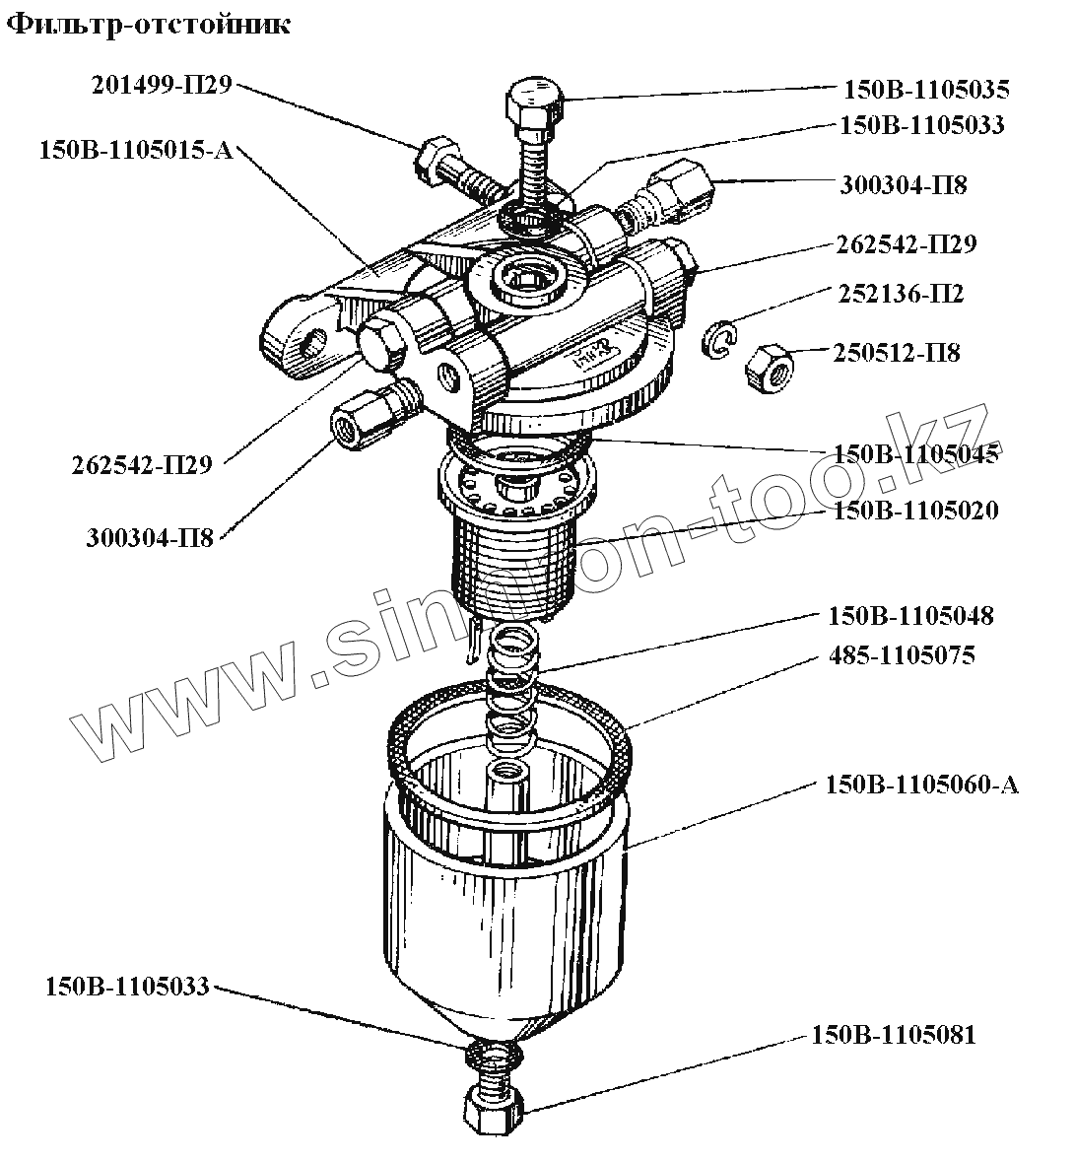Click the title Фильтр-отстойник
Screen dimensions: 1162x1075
149,24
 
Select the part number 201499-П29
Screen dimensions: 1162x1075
162,85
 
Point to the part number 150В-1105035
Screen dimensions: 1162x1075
925,90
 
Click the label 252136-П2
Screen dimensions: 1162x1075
901,294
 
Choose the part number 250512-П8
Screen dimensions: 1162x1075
896,352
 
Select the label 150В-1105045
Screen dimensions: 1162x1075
915,454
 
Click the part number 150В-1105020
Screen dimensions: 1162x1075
915,511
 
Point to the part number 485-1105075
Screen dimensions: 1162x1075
901,655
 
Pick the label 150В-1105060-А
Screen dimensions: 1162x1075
921,785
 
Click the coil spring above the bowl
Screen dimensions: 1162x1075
511,680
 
